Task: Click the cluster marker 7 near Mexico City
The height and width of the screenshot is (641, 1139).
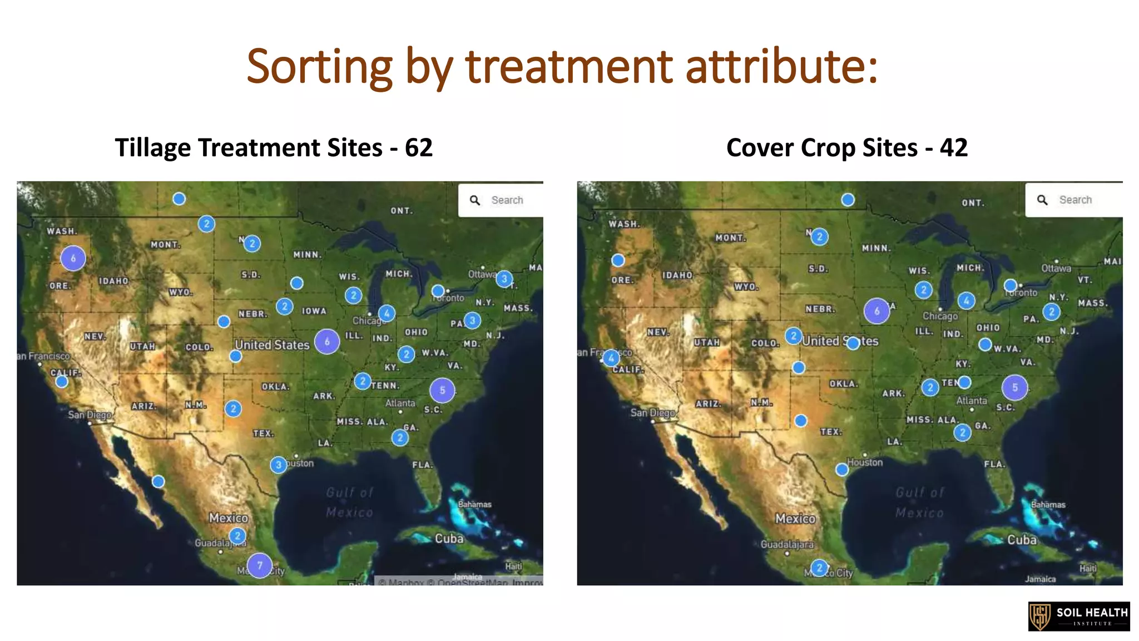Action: pyautogui.click(x=259, y=565)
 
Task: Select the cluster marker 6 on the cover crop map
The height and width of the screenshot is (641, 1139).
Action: pyautogui.click(x=876, y=311)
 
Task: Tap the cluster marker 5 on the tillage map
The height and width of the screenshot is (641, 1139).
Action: pyautogui.click(x=442, y=390)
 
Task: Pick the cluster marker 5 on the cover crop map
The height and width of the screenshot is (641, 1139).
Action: pyautogui.click(x=1014, y=387)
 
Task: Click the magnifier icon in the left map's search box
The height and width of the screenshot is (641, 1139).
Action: pyautogui.click(x=474, y=200)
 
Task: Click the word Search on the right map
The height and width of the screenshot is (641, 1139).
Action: pyautogui.click(x=1075, y=200)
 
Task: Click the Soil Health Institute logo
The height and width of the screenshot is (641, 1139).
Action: pyautogui.click(x=1078, y=616)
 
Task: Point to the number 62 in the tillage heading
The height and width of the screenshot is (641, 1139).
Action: pyautogui.click(x=418, y=147)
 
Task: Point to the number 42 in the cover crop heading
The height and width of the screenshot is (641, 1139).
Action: pyautogui.click(x=954, y=147)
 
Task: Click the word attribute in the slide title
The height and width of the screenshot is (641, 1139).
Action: pyautogui.click(x=781, y=67)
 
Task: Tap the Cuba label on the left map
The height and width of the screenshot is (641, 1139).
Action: pyautogui.click(x=449, y=539)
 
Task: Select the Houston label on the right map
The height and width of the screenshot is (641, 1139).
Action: pyautogui.click(x=865, y=462)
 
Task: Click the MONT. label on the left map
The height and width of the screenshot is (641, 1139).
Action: pyautogui.click(x=165, y=245)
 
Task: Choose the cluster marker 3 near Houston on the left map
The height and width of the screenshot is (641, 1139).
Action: pyautogui.click(x=279, y=465)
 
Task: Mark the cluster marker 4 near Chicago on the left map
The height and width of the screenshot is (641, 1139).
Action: pyautogui.click(x=387, y=313)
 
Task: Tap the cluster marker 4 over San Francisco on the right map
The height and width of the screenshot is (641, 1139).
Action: pyautogui.click(x=611, y=358)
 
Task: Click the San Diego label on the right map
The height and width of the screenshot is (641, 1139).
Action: pyautogui.click(x=652, y=413)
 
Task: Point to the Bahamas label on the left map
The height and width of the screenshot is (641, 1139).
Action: pyautogui.click(x=474, y=504)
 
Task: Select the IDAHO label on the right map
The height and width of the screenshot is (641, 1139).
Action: pyautogui.click(x=677, y=275)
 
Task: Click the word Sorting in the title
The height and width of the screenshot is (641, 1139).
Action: pyautogui.click(x=319, y=67)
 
